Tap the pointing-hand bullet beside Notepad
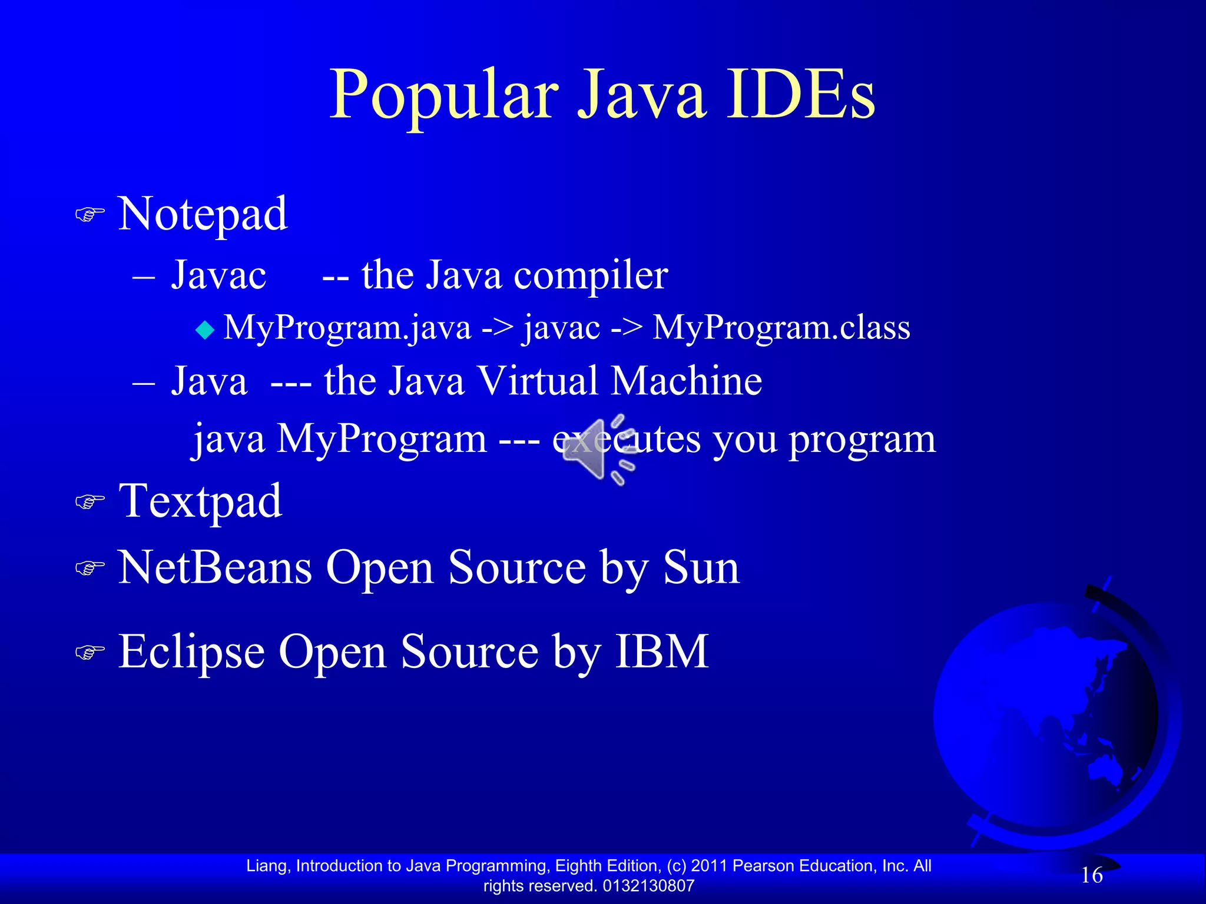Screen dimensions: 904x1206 tap(90, 215)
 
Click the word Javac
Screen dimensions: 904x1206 tap(218, 275)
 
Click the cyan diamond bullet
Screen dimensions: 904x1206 tap(205, 330)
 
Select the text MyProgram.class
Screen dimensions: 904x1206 tap(781, 327)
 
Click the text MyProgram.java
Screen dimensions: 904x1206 tap(347, 327)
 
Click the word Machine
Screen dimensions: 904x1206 tap(687, 381)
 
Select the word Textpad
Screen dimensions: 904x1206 tap(200, 502)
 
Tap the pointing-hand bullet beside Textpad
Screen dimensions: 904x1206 tap(90, 502)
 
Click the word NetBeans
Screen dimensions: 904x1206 tap(215, 568)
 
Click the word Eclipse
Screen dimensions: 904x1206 tap(191, 652)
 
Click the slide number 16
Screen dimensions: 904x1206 tap(1091, 875)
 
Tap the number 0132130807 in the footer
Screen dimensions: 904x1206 tap(648, 886)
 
